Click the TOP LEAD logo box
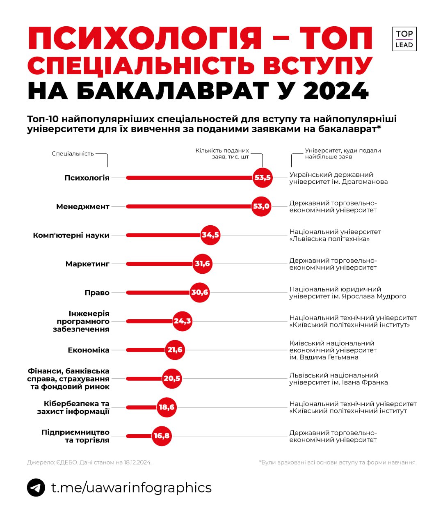tap(404, 39)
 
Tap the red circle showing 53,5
tap(263, 178)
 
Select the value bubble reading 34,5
tap(210, 235)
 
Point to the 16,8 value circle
tap(162, 436)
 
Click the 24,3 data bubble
tap(182, 321)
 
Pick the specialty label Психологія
tap(87, 178)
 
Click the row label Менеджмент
tap(83, 206)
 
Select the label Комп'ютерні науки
tap(71, 235)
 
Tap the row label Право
tap(97, 293)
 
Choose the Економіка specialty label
tap(89, 350)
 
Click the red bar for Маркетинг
tap(160, 264)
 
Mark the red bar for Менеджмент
tap(189, 206)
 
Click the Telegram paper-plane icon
tap(36, 488)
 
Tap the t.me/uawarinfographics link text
tap(131, 488)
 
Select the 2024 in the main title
tap(336, 91)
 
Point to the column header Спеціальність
tap(73, 153)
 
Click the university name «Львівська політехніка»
tap(329, 239)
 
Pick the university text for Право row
tap(347, 293)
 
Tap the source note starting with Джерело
tap(89, 462)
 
